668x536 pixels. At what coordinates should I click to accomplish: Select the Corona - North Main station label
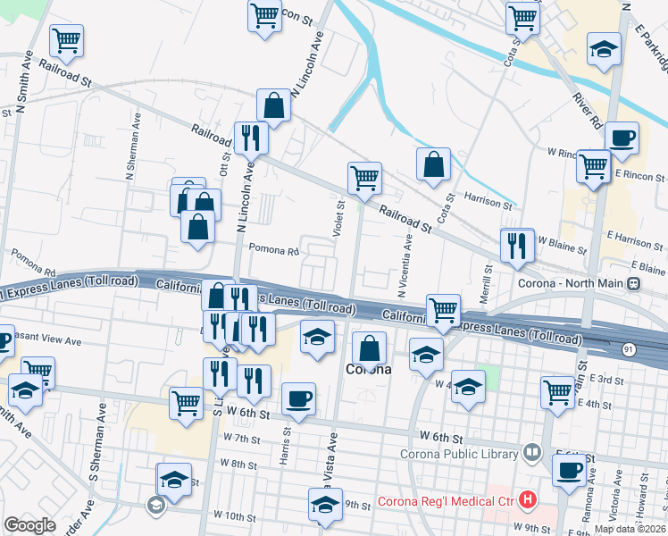click(x=572, y=284)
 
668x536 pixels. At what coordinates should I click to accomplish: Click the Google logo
click(x=29, y=525)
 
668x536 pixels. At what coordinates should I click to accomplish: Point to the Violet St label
click(x=339, y=221)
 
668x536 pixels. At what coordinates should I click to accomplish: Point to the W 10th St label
click(x=234, y=516)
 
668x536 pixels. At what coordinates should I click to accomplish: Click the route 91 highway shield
click(x=630, y=350)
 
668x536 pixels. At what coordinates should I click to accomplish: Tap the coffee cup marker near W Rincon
click(x=622, y=138)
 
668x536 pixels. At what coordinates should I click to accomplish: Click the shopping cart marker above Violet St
click(x=364, y=178)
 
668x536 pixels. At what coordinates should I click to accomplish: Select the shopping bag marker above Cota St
click(x=433, y=164)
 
